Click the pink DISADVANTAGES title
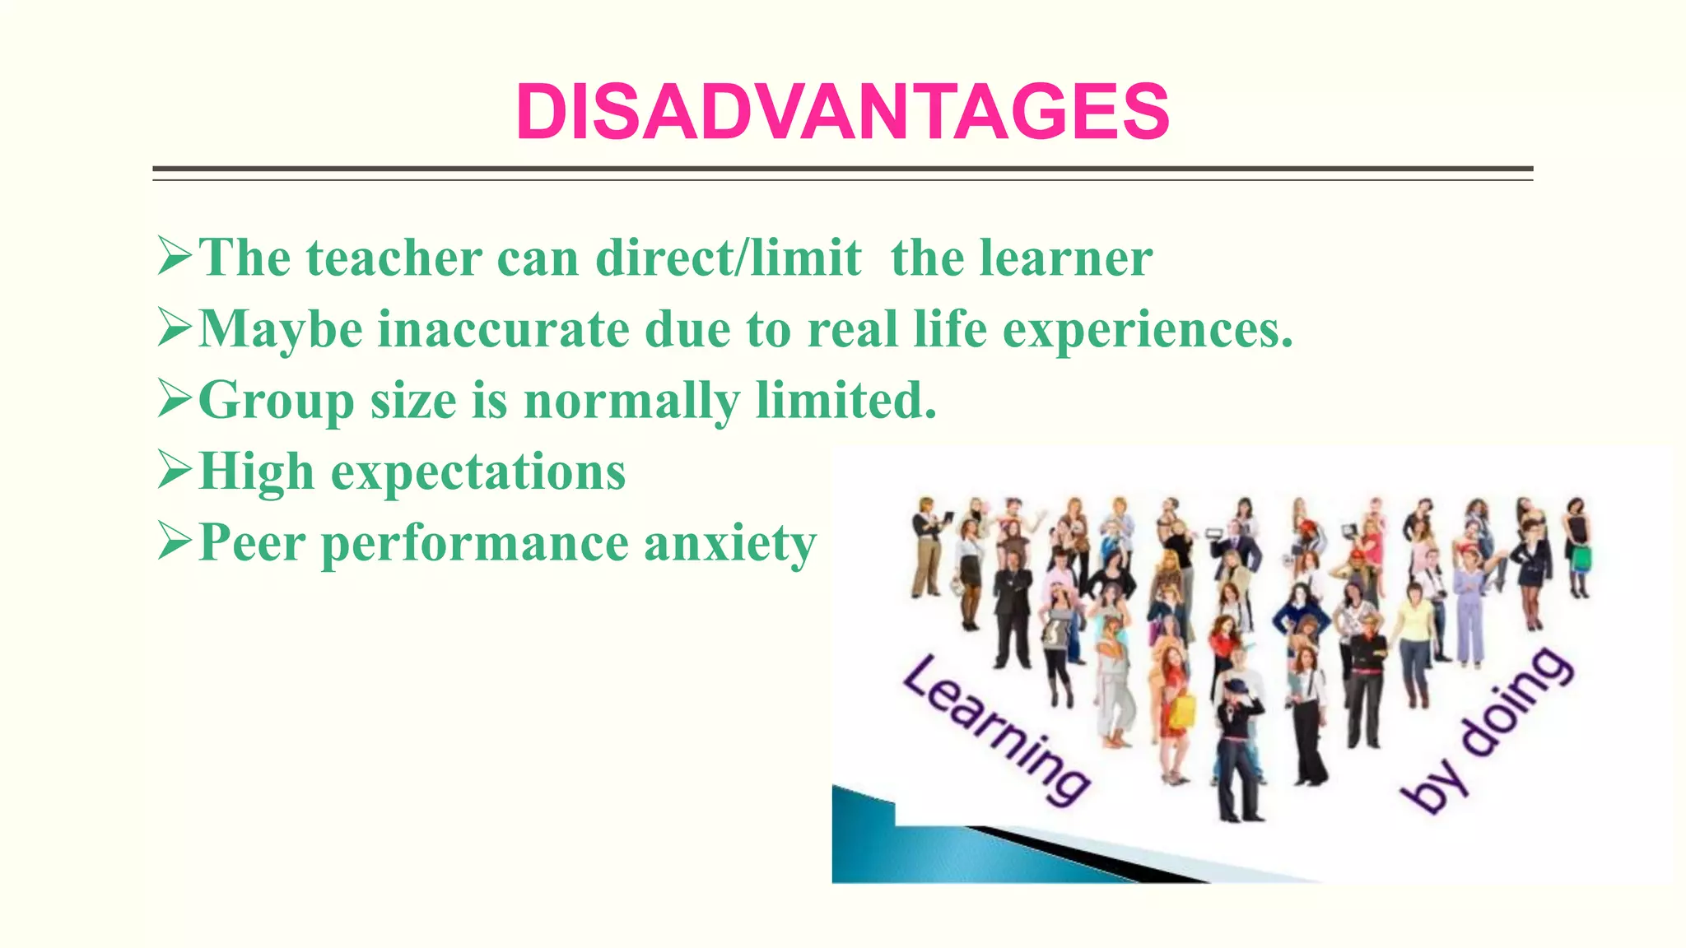(x=842, y=112)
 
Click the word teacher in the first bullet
(x=394, y=258)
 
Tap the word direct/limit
(x=729, y=258)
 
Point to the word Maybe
(x=281, y=330)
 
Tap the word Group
(x=276, y=402)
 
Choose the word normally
(x=631, y=402)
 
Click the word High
(x=257, y=472)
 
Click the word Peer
(x=252, y=544)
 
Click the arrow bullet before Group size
(x=174, y=400)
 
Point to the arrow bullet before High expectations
(x=174, y=471)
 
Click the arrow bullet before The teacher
(x=174, y=257)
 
